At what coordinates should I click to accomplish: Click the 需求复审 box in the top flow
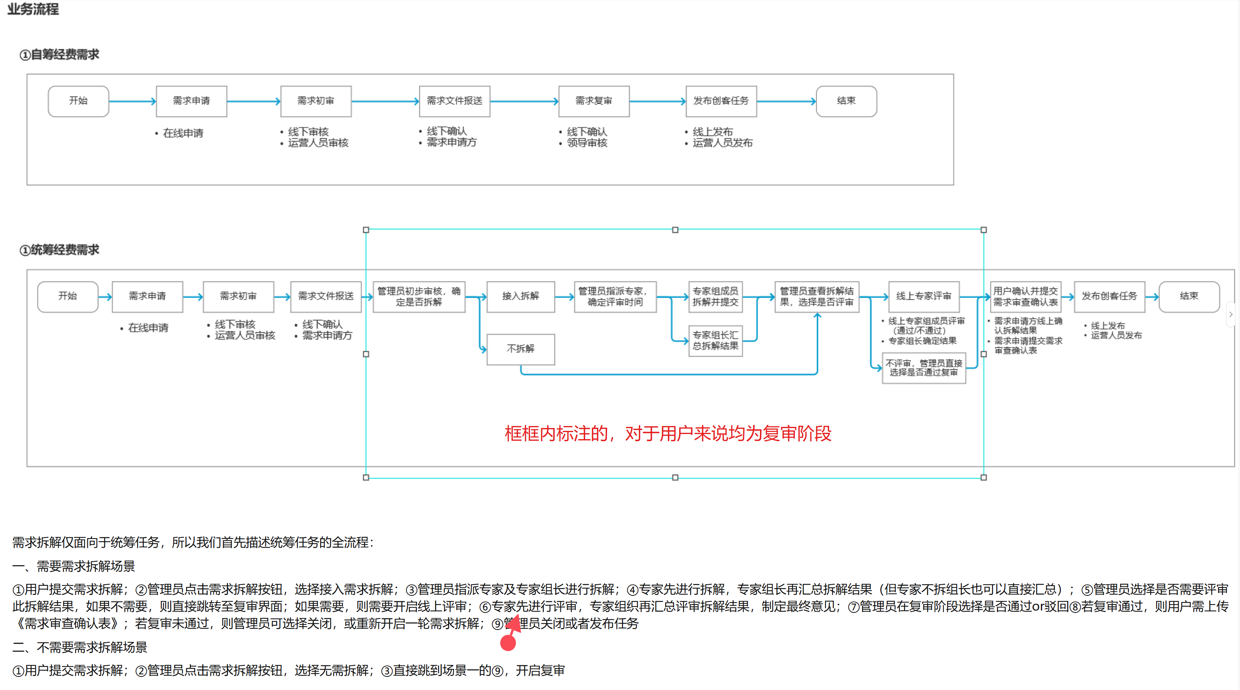tap(593, 101)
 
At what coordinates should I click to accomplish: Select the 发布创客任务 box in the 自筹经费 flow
tap(721, 101)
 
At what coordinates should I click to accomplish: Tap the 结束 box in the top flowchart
tap(846, 101)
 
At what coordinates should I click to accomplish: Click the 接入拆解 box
tap(520, 297)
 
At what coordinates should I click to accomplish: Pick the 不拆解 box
tap(520, 349)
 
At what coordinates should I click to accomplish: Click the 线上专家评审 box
tap(924, 297)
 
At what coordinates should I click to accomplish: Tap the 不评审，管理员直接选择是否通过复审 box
tap(924, 368)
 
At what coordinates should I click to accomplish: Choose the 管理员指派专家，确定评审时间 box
tap(615, 297)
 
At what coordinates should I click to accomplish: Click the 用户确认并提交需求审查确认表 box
tap(1025, 297)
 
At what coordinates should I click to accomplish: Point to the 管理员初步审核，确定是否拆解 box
tap(419, 297)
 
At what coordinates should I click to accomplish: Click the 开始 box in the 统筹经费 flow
tap(68, 297)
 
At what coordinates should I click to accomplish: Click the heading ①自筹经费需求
tap(59, 55)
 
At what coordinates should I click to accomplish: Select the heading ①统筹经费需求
tap(59, 250)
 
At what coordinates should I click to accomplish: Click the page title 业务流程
tap(33, 9)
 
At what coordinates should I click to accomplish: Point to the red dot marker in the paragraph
tap(508, 643)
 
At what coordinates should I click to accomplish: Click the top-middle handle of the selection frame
tap(675, 230)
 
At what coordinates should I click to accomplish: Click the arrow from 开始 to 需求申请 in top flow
tap(132, 101)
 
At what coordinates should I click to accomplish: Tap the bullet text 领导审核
tap(587, 143)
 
